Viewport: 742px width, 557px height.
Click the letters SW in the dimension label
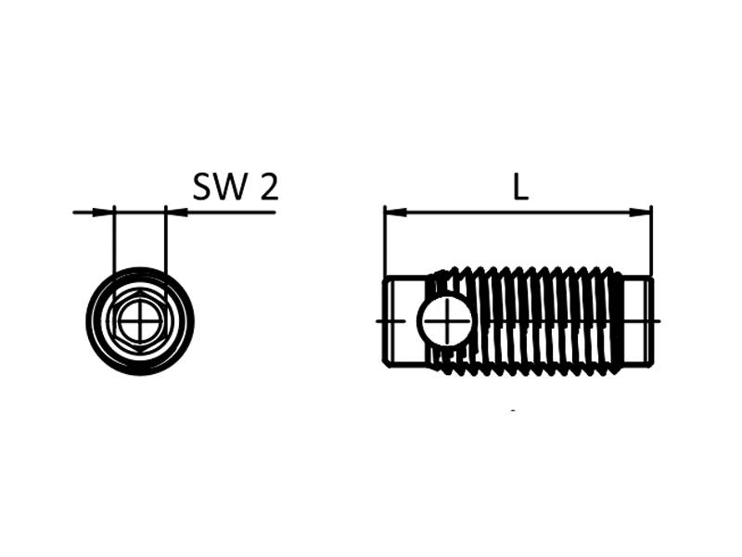221,188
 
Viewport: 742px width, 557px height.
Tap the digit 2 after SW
268,188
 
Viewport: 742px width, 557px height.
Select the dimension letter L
520,188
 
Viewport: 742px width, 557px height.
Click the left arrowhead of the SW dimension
103,213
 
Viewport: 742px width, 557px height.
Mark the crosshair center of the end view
139,322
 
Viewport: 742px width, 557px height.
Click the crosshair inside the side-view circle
445,321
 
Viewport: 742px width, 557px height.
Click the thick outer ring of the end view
92,322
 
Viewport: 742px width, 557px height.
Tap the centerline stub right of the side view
657,321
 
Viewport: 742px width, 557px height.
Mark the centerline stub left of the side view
379,321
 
